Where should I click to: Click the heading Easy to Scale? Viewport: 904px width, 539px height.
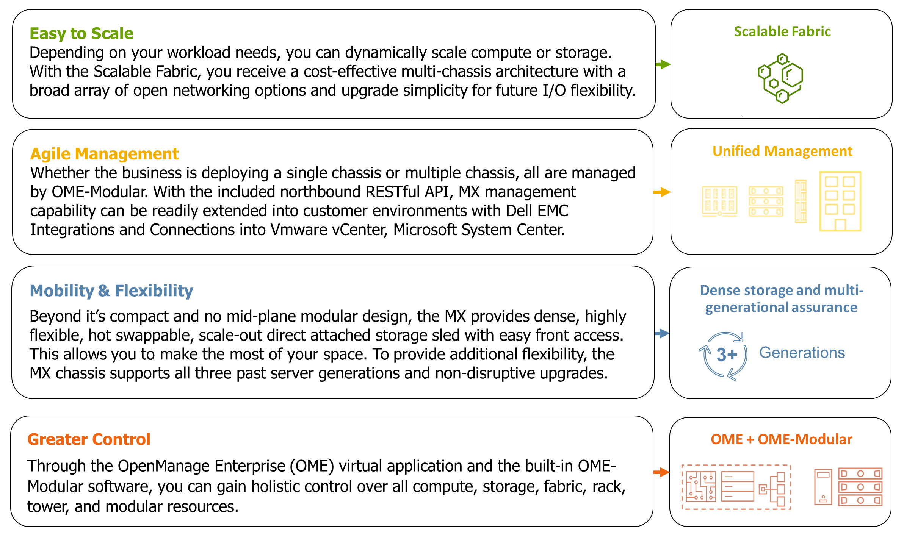tap(81, 33)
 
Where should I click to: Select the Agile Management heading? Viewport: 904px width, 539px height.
tap(104, 154)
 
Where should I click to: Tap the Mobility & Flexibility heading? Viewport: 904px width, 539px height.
tap(111, 291)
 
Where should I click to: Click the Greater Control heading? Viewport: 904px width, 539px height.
tap(89, 439)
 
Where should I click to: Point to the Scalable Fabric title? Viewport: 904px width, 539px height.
tap(782, 32)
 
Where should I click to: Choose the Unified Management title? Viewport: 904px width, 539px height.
tap(782, 152)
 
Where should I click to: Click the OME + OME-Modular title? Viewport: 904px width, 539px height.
tap(782, 439)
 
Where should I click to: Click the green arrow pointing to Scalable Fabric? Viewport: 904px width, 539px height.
tap(663, 64)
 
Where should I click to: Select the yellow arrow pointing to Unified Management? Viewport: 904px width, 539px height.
tap(662, 192)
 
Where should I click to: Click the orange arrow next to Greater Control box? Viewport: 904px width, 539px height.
tap(661, 472)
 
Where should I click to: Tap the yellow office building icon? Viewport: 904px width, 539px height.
tap(840, 201)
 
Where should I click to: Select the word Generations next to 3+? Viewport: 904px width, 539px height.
tap(802, 353)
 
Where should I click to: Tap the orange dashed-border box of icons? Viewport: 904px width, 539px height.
tap(736, 487)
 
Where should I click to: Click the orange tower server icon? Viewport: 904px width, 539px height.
tap(823, 487)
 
